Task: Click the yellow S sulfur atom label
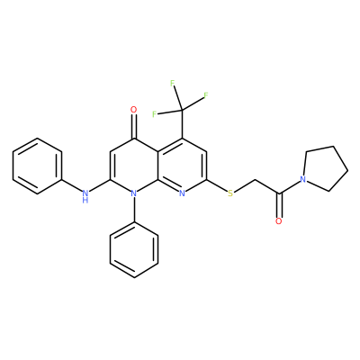pos(230,193)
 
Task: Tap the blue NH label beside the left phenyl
pos(85,196)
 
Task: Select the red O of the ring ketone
pos(134,110)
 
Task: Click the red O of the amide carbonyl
pos(279,221)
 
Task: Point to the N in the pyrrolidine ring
pos(303,179)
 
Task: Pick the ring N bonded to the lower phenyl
pos(134,193)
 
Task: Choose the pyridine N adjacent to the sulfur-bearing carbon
pos(182,193)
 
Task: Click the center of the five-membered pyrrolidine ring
pos(322,169)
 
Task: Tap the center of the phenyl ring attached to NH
pos(37,166)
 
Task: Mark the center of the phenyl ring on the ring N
pos(134,249)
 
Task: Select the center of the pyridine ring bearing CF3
pos(182,166)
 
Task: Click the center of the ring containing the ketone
pos(134,166)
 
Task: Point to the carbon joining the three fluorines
pos(182,110)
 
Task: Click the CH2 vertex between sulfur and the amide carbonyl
pos(255,180)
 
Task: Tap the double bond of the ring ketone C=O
pos(134,126)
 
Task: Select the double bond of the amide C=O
pos(279,206)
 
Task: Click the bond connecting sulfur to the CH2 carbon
pos(244,186)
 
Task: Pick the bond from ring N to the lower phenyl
pos(134,210)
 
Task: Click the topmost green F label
pos(173,83)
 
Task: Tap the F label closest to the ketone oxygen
pos(155,114)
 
